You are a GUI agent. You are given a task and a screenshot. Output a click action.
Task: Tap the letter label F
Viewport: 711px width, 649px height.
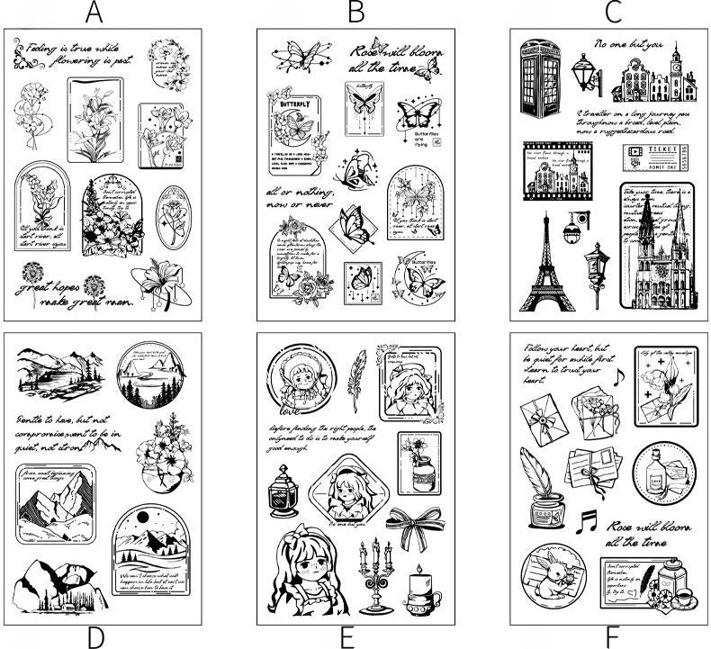[x=612, y=636]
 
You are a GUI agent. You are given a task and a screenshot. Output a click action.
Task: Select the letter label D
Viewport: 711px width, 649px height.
[x=96, y=636]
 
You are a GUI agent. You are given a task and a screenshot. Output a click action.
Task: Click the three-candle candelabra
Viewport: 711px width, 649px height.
[x=372, y=574]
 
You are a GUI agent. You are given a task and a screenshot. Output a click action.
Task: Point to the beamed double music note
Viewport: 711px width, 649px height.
[x=588, y=519]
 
